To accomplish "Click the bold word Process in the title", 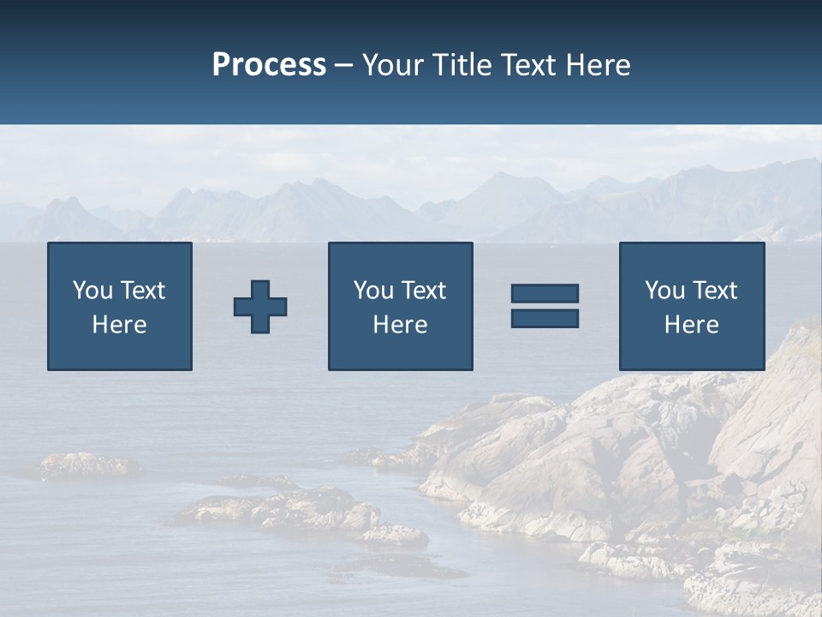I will [269, 65].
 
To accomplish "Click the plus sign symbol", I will [260, 306].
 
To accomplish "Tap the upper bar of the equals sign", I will [545, 293].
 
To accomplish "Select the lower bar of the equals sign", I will [545, 318].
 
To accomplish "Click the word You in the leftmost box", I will [92, 291].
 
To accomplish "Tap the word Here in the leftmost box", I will [119, 325].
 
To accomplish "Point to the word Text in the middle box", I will [423, 291].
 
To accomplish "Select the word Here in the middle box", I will [400, 325].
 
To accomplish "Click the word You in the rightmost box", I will [664, 291].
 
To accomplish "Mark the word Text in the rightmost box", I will [714, 291].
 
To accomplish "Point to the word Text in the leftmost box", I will [142, 291].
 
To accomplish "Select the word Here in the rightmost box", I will [691, 325].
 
